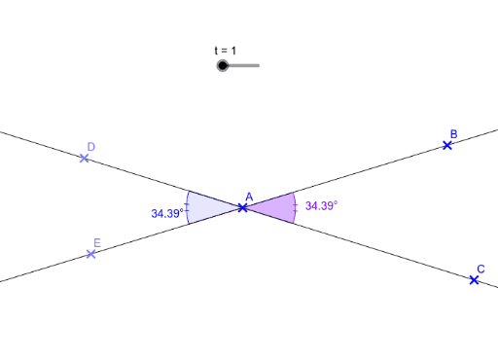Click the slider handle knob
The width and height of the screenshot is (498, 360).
[x=223, y=66]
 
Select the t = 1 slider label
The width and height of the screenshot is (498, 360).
[x=226, y=50]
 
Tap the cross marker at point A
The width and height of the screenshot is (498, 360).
[x=242, y=207]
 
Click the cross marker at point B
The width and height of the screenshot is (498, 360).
[x=447, y=145]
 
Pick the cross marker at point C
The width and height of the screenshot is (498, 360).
[x=474, y=280]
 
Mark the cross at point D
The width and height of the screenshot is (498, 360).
[x=85, y=158]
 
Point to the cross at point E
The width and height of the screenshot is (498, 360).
[x=90, y=254]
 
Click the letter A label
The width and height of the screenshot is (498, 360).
[x=249, y=197]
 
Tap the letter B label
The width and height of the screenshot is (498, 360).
[x=453, y=133]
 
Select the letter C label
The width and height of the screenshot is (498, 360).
[x=480, y=269]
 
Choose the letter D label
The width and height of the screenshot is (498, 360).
[x=90, y=147]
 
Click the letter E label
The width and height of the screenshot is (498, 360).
[x=96, y=243]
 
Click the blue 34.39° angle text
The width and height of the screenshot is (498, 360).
[x=167, y=212]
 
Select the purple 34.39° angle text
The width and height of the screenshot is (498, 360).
[x=321, y=206]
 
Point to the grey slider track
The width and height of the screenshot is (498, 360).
[x=245, y=66]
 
